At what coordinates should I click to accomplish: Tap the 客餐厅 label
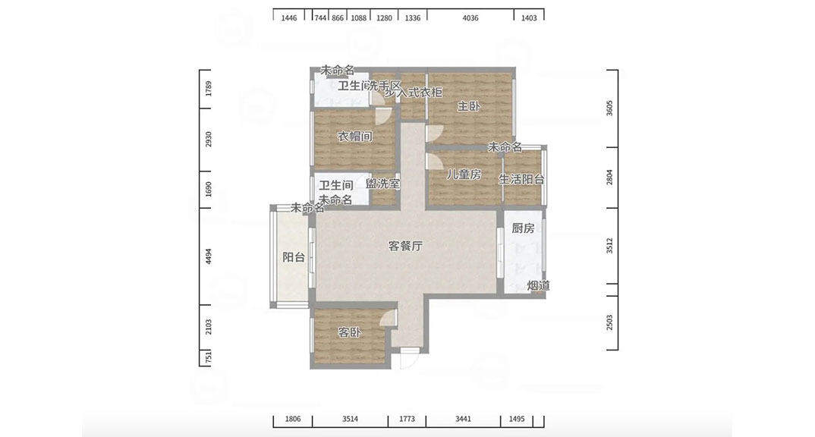[x=405, y=246]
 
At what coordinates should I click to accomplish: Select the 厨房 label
[x=523, y=228]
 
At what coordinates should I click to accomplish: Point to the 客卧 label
[x=350, y=332]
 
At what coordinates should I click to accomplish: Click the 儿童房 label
[x=463, y=174]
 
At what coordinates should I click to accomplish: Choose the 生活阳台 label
[x=521, y=180]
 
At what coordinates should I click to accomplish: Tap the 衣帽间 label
[x=354, y=137]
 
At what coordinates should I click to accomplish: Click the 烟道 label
[x=538, y=285]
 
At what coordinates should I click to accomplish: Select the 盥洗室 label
[x=383, y=184]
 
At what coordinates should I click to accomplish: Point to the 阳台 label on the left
[x=294, y=257]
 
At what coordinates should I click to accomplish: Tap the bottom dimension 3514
[x=350, y=419]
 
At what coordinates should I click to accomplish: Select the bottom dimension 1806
[x=293, y=419]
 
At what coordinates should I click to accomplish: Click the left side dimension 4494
[x=209, y=257]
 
